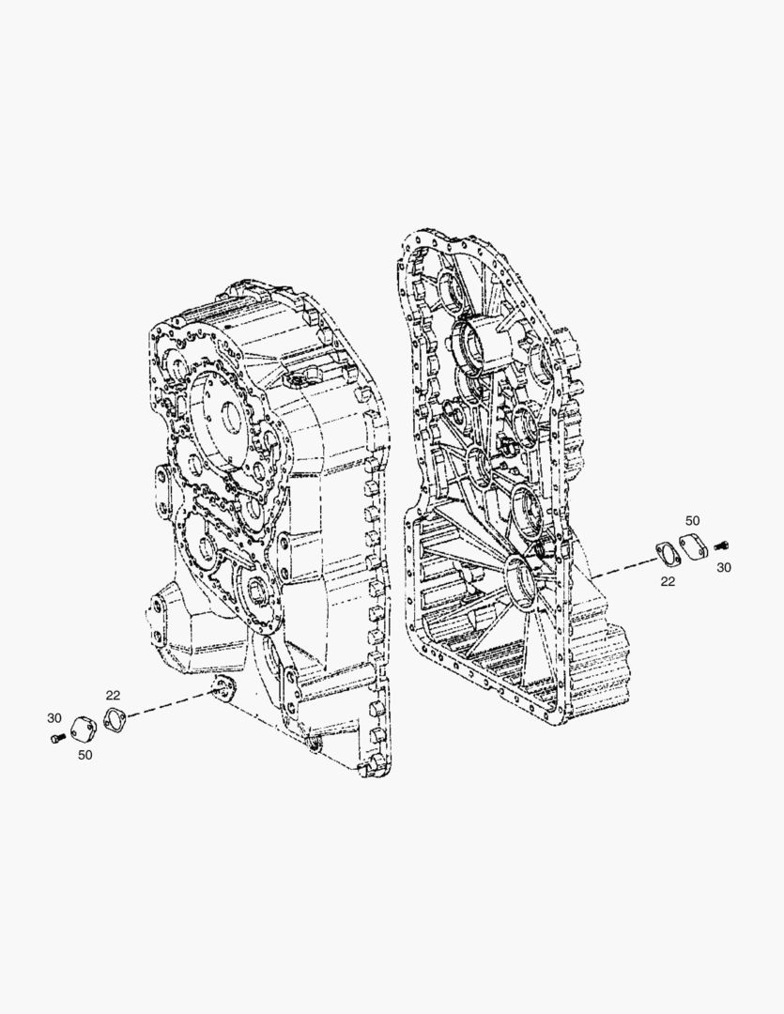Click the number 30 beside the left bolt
tap(54, 718)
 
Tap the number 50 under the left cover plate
tap(85, 755)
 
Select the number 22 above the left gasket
tap(113, 695)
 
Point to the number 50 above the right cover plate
tap(692, 520)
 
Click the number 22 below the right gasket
tap(668, 581)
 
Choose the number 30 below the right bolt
tap(724, 567)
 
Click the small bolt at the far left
tap(57, 738)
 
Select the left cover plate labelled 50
tap(84, 729)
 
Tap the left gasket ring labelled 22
tap(115, 719)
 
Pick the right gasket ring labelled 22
tap(665, 553)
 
